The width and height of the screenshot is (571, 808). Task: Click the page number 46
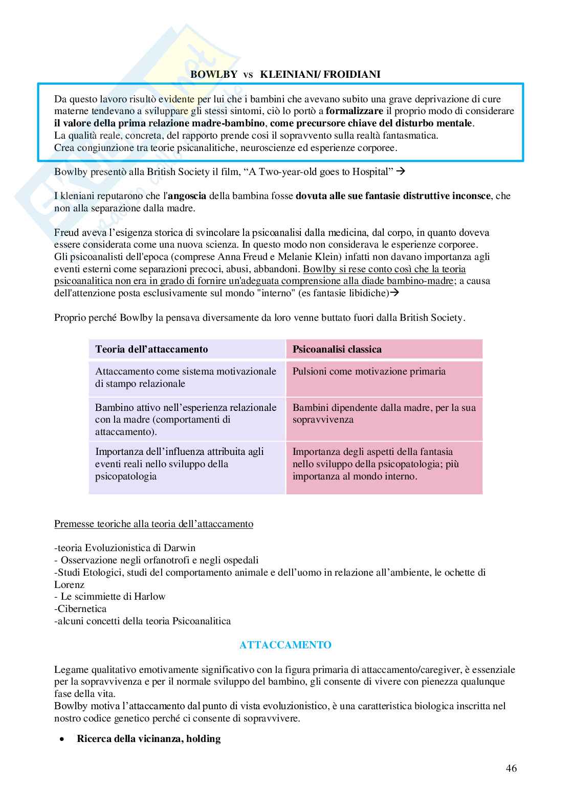pos(511,768)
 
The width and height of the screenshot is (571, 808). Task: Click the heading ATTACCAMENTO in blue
pos(285,645)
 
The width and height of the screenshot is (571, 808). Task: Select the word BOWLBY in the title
pos(213,74)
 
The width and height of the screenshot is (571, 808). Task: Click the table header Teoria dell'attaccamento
pos(151,350)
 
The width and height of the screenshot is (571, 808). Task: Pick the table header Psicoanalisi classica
pos(337,350)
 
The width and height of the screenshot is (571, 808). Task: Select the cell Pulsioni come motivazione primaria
pos(368,372)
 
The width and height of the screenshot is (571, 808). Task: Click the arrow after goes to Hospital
pos(401,171)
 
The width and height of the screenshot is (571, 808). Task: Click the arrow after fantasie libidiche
pos(394,293)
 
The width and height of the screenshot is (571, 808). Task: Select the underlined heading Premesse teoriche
pos(153,524)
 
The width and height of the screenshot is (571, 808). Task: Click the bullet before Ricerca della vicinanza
pos(62,739)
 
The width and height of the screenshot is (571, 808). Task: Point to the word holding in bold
pos(203,739)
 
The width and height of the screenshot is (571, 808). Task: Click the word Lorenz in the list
pos(69,584)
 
